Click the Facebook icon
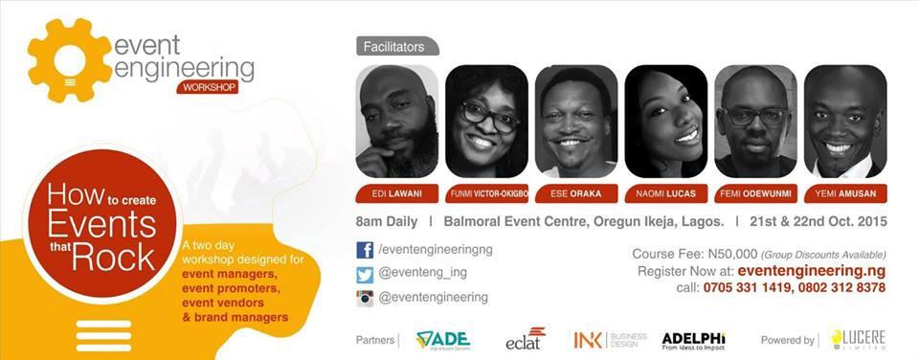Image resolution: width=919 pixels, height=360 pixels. coord(365,250)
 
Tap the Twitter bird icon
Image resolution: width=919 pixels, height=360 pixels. coord(365,274)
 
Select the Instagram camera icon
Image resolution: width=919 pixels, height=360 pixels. coord(365,298)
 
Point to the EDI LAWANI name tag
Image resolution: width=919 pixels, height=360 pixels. coord(396,193)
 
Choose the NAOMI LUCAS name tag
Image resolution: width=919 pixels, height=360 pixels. coord(665,193)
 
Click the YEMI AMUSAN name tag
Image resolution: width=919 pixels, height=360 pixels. coord(845,193)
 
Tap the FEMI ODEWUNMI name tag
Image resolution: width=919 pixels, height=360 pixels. coord(755,193)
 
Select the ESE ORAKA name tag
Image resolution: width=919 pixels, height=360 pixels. coord(576,193)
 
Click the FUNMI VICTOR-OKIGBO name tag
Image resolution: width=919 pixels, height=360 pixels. coord(486,193)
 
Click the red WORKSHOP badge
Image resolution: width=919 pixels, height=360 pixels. coord(207,88)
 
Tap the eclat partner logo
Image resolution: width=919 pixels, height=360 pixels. coord(526,339)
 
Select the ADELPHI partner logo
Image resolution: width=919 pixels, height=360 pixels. coord(693,340)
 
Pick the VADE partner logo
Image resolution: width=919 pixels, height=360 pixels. coord(442,340)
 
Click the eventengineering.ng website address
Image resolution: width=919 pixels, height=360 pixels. coord(812,271)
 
